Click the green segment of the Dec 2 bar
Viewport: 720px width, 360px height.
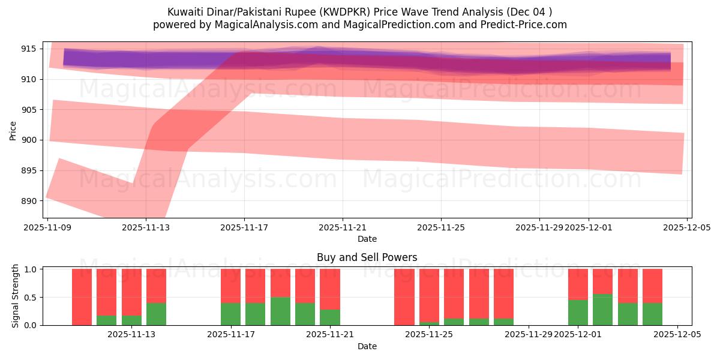point(602,310)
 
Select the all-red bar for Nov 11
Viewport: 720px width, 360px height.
point(82,297)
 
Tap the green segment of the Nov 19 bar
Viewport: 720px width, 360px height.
point(280,311)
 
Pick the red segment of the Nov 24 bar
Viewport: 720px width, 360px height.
point(404,296)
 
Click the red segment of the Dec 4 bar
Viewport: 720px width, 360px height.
point(652,286)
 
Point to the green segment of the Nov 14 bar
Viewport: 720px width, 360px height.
point(156,314)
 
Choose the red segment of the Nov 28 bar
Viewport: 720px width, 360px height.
point(503,293)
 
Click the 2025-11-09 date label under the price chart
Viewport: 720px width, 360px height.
point(47,227)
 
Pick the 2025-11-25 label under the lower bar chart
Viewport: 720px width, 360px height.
point(429,335)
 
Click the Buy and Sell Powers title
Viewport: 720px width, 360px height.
point(367,257)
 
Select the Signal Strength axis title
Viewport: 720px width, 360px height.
point(16,296)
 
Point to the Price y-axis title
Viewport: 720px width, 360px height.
point(13,130)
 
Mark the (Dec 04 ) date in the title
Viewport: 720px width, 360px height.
point(529,12)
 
